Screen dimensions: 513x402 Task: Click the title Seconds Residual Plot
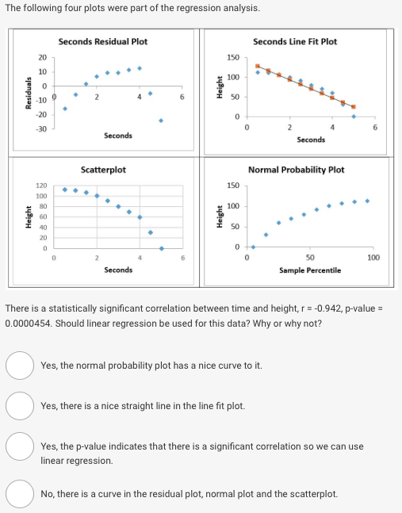tap(102, 41)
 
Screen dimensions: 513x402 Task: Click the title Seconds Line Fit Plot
tap(294, 41)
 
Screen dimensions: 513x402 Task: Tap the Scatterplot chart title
tap(103, 170)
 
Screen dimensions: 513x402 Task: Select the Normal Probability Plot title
tap(296, 170)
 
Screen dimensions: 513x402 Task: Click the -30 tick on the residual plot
tap(43, 128)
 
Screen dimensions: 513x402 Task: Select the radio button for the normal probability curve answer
tap(18, 366)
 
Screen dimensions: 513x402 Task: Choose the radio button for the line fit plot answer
tap(18, 406)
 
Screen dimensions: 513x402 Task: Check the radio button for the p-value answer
tap(18, 446)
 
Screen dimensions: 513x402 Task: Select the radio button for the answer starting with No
tap(18, 493)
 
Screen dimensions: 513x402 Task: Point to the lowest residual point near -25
tap(161, 121)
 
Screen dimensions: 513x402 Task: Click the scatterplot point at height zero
tap(161, 226)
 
